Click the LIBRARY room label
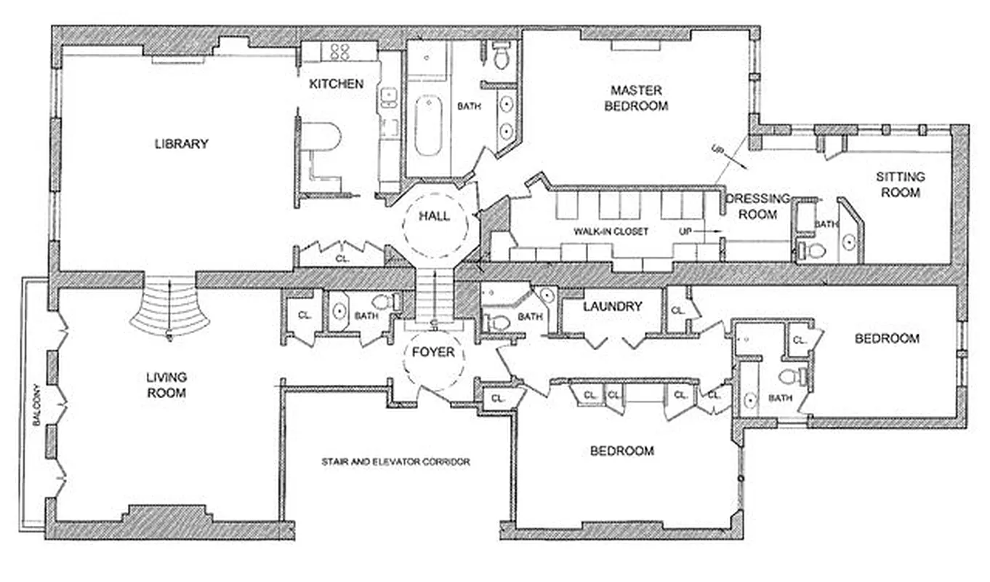click(181, 144)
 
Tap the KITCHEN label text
click(336, 84)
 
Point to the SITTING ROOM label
click(900, 185)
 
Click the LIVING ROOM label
click(166, 385)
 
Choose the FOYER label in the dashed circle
click(433, 353)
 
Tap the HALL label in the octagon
click(434, 216)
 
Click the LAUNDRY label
click(612, 306)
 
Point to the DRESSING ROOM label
click(758, 207)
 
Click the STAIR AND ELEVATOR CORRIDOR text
click(395, 462)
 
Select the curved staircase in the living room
click(169, 309)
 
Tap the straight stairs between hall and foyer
click(434, 294)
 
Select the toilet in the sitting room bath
click(815, 252)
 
